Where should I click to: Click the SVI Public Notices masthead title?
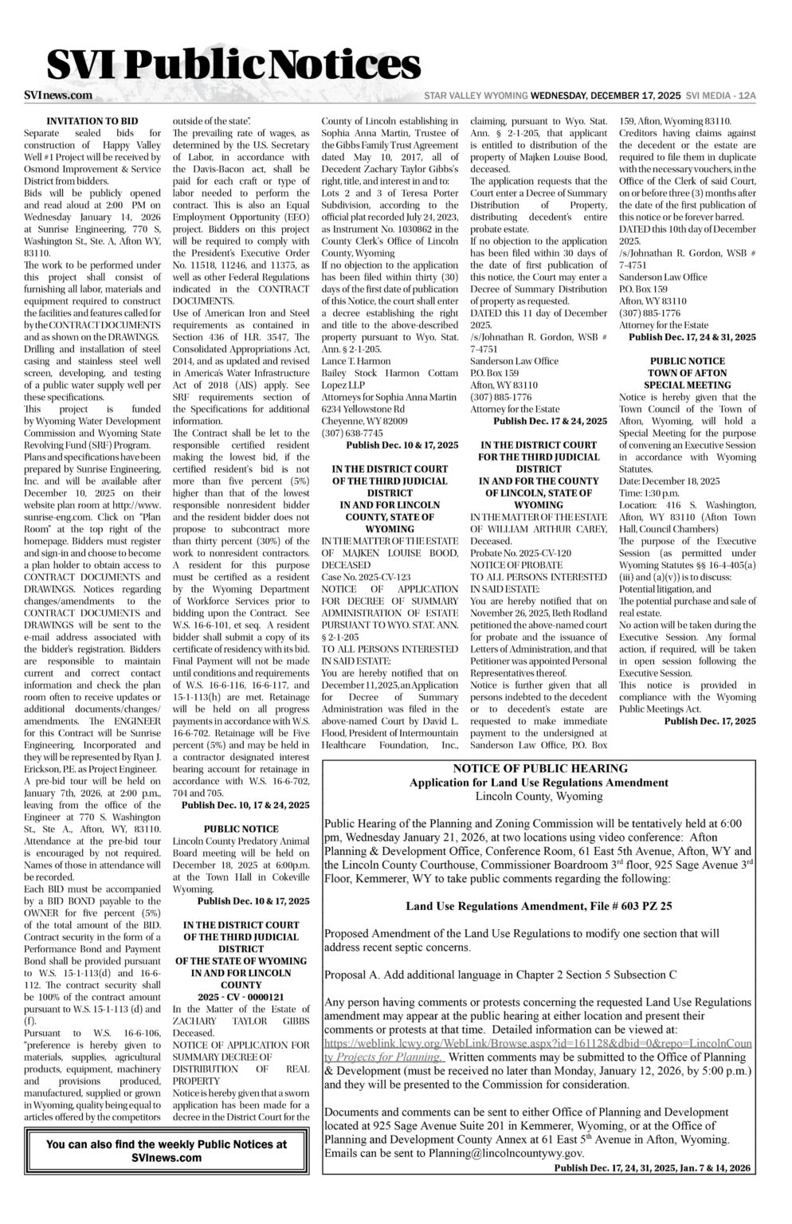(x=233, y=63)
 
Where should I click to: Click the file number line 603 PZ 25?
(x=539, y=906)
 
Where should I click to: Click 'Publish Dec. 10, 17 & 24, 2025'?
(x=245, y=806)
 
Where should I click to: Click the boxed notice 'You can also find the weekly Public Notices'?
(x=167, y=1150)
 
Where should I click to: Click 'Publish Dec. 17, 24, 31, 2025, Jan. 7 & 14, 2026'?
(x=652, y=1168)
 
